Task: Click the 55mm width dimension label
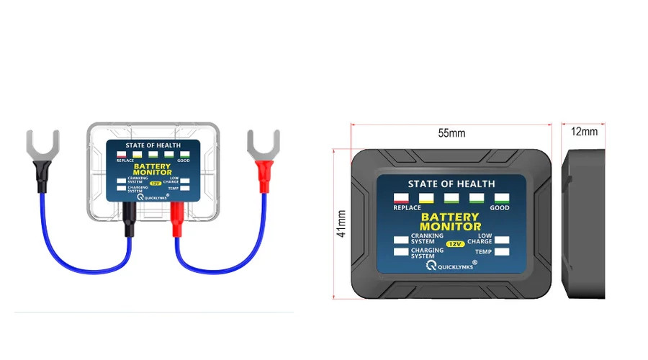click(x=451, y=133)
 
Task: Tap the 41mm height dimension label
click(x=341, y=224)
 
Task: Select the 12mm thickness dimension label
click(x=584, y=132)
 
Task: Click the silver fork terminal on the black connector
click(x=42, y=145)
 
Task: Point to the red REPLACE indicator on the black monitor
click(x=401, y=198)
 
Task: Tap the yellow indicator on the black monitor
click(x=426, y=198)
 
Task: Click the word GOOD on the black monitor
click(x=500, y=208)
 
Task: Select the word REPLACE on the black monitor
click(x=407, y=208)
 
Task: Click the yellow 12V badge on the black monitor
click(x=456, y=244)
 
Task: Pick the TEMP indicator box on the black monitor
click(x=502, y=252)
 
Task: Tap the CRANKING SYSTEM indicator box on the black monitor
click(x=401, y=240)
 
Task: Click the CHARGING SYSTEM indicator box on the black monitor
click(x=401, y=252)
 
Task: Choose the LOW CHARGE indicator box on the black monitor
click(x=502, y=240)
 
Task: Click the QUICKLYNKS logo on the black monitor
click(x=451, y=265)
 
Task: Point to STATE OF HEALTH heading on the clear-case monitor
click(x=153, y=145)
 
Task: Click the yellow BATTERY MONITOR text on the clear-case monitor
click(x=152, y=169)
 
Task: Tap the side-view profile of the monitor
click(x=583, y=224)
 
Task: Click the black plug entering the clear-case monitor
click(x=130, y=219)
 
